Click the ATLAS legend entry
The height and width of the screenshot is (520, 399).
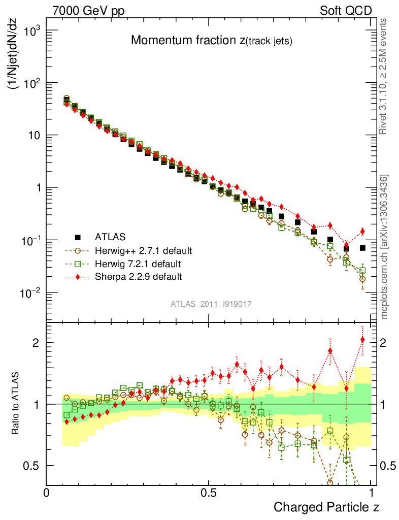click(109, 237)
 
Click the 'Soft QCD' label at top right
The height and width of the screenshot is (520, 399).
click(346, 11)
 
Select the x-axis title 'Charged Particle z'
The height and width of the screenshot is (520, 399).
click(326, 507)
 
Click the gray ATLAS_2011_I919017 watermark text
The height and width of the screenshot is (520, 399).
click(211, 304)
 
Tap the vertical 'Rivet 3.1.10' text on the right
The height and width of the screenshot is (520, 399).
click(384, 76)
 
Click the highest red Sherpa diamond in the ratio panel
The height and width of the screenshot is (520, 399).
click(362, 340)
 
